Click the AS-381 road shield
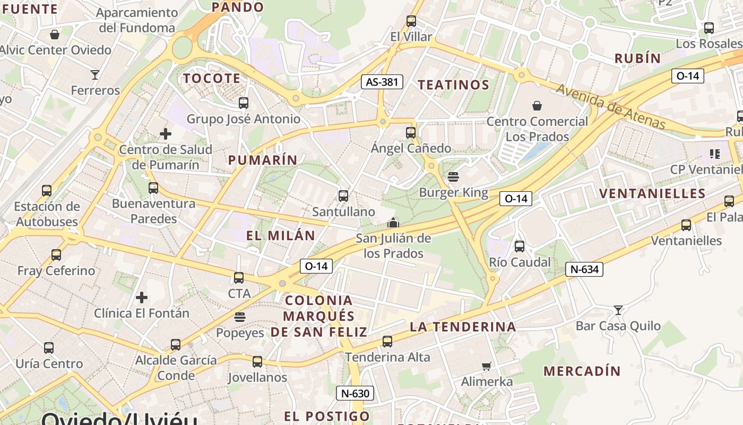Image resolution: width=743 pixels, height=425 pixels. (382, 82)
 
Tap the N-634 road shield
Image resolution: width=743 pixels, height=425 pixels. (584, 269)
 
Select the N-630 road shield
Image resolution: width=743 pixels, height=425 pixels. (355, 394)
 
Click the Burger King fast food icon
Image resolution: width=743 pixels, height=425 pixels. (453, 176)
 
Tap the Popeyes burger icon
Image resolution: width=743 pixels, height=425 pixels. (240, 317)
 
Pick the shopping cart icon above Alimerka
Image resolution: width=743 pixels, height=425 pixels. (486, 366)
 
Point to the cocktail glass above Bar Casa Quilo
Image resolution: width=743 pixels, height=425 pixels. (618, 310)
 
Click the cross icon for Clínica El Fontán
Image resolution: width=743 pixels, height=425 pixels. (142, 297)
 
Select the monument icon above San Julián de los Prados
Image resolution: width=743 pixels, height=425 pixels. (393, 222)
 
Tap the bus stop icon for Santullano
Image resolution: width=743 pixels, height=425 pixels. (343, 196)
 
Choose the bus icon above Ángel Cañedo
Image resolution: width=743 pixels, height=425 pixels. (411, 132)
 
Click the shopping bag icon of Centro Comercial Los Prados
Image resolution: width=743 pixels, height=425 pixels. (537, 106)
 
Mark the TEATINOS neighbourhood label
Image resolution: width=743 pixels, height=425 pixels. (453, 85)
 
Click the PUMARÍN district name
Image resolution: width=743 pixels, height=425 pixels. (263, 160)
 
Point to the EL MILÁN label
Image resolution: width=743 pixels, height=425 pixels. (280, 235)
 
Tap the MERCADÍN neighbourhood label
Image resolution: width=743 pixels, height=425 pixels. (582, 371)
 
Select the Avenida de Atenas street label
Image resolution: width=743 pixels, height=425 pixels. (610, 106)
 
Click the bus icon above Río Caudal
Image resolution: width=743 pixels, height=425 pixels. (520, 246)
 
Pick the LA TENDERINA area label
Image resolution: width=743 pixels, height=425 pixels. (463, 327)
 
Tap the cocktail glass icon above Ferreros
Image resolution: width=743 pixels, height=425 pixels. (95, 75)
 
